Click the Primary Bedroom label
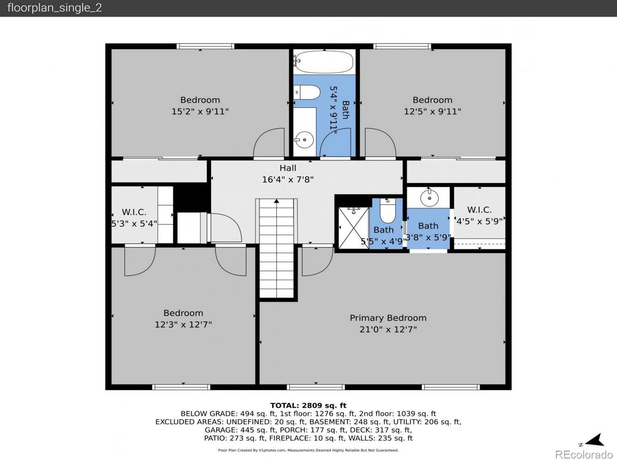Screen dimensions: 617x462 pyautogui.click(x=388, y=318)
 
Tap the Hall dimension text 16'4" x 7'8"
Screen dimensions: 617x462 pyautogui.click(x=288, y=179)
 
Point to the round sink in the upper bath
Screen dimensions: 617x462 pyautogui.click(x=304, y=139)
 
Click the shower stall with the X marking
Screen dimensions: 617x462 pyautogui.click(x=354, y=228)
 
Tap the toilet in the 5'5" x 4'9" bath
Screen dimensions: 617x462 pyautogui.click(x=388, y=210)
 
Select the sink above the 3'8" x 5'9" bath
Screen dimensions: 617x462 pyautogui.click(x=429, y=198)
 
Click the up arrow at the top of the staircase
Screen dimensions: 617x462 pyautogui.click(x=276, y=201)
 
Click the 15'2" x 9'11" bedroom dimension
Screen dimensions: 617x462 pyautogui.click(x=200, y=111)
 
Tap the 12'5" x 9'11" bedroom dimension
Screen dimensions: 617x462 pyautogui.click(x=432, y=111)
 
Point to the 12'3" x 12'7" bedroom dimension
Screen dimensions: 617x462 pyautogui.click(x=183, y=324)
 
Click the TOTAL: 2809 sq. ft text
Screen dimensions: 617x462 pyautogui.click(x=308, y=405)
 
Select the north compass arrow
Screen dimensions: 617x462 pyautogui.click(x=595, y=440)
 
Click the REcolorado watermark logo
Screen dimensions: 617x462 pyautogui.click(x=584, y=454)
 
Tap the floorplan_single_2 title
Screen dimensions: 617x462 pyautogui.click(x=54, y=8)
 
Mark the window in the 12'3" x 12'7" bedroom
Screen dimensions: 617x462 pyautogui.click(x=181, y=387)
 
